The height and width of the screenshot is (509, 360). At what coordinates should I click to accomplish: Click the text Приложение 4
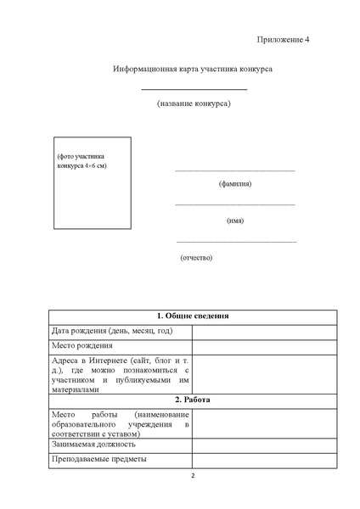[284, 40]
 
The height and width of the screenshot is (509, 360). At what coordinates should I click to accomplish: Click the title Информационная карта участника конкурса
[193, 67]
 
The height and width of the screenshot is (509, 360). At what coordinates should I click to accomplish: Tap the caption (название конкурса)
[194, 103]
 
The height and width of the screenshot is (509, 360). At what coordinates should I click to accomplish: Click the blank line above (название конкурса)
[194, 89]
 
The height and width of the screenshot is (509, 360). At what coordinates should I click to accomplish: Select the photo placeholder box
[93, 182]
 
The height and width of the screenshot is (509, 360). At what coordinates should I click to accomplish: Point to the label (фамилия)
[235, 184]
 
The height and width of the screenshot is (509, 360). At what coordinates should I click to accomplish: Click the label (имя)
[235, 221]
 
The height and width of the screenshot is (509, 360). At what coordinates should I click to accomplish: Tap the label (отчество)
[196, 257]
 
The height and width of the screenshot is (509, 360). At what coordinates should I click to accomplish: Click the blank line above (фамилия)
[235, 171]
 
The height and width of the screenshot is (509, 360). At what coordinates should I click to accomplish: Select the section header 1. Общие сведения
[193, 316]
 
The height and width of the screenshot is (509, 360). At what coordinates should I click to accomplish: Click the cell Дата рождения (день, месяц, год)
[112, 331]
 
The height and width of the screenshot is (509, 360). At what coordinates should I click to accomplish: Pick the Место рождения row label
[82, 345]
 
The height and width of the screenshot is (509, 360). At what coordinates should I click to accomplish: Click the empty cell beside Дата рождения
[264, 331]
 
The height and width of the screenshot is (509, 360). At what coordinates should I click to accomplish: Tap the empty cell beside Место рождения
[264, 345]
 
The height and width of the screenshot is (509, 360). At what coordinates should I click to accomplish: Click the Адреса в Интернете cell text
[119, 375]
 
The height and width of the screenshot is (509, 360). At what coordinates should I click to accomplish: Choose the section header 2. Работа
[193, 399]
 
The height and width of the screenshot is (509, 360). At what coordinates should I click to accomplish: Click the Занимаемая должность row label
[93, 444]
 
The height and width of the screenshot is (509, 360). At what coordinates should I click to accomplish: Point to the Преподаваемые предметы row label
[98, 459]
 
